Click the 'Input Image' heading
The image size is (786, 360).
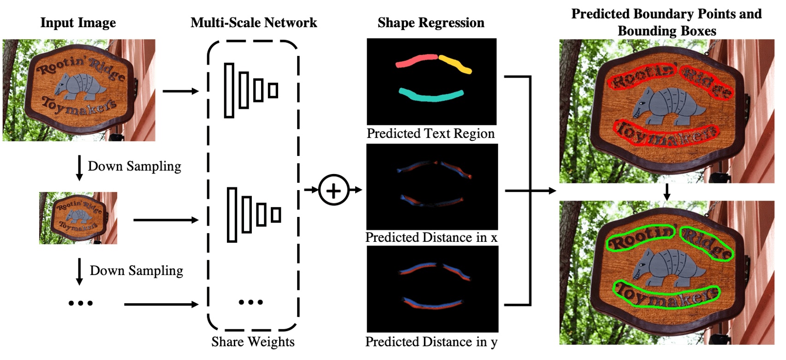coord(78,23)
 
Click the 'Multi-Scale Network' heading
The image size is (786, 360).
coord(254,23)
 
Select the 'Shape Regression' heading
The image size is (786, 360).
coord(431,23)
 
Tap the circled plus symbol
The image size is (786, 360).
coord(333,190)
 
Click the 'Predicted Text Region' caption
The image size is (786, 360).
coord(430,134)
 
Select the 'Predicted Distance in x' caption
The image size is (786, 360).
coord(431,238)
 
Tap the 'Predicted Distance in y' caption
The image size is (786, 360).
coord(431,342)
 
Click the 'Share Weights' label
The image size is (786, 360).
coord(253,342)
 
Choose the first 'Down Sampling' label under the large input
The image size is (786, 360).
coord(134,166)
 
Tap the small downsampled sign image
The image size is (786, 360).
coord(78,218)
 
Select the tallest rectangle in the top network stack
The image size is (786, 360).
coord(229,90)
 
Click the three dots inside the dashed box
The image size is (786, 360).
coord(250,302)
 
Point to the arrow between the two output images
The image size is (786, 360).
coord(666,192)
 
